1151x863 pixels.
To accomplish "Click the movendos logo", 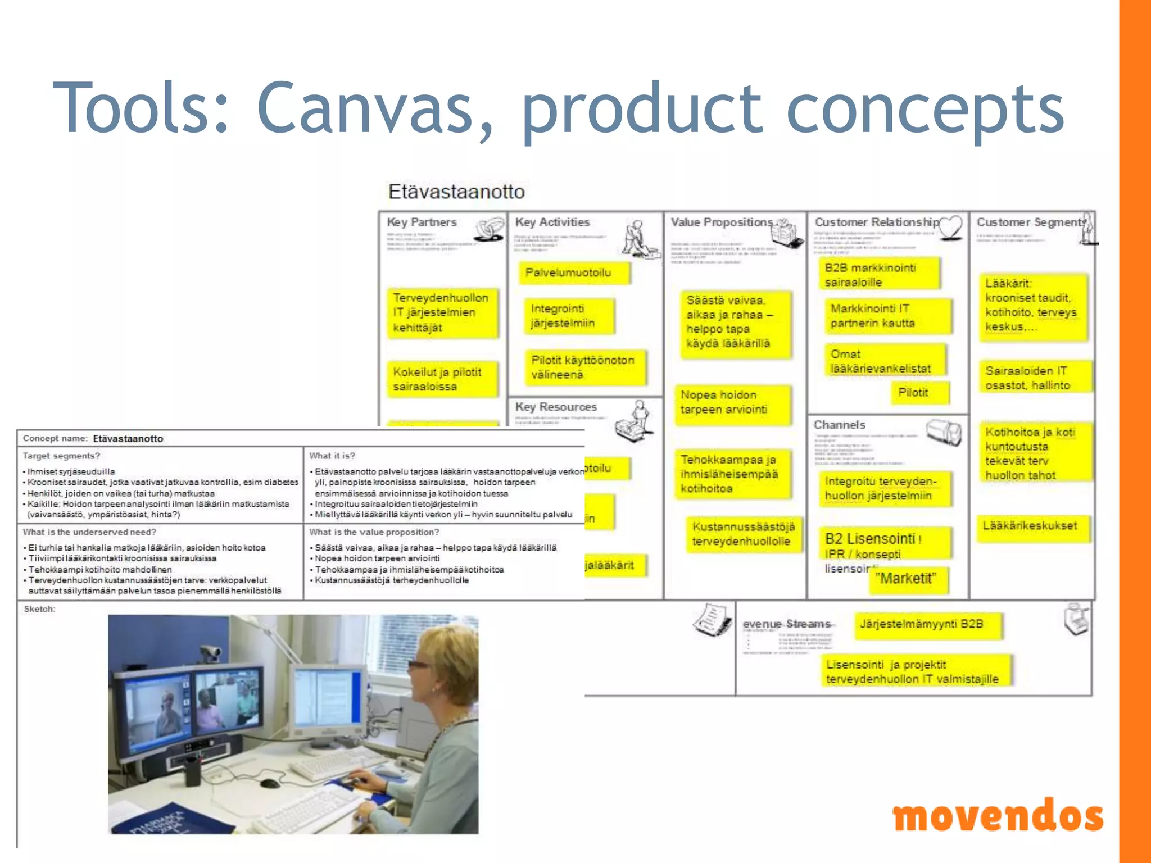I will click(998, 816).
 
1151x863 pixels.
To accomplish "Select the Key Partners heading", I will click(422, 222).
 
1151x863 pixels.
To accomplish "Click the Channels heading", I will click(839, 425).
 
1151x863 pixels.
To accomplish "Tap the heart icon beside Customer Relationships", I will click(951, 228).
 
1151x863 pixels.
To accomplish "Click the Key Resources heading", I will click(556, 407).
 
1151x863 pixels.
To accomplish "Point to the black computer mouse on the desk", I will click(269, 783).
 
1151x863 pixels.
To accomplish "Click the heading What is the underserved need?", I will click(89, 532).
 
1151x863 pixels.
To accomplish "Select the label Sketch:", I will click(39, 609).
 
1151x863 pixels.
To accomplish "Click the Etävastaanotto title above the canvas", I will click(456, 192).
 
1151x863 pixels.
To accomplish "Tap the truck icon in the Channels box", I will click(944, 433).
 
